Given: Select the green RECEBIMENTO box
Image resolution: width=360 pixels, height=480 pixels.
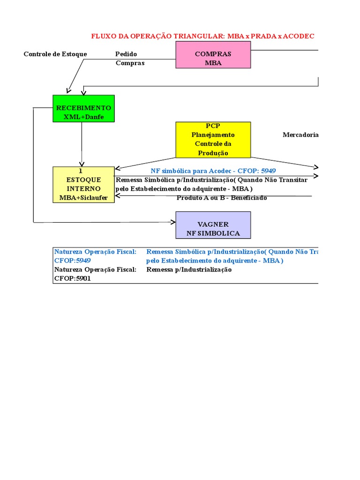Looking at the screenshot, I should pos(83,108).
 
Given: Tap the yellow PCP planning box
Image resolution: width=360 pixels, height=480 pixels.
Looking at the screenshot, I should pos(213,140).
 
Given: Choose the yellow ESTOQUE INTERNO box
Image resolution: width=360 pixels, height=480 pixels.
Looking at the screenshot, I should pos(83,184).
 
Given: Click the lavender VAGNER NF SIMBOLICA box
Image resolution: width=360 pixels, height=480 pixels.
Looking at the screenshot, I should pos(213,225).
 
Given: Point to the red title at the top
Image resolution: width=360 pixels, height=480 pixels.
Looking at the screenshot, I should pos(202,36).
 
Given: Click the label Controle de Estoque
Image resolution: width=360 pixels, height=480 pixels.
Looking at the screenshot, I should pos(55,54).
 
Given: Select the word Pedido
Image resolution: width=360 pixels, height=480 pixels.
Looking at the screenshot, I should pos(126,54).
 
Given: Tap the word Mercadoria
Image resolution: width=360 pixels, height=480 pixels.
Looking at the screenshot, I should pos(300,135).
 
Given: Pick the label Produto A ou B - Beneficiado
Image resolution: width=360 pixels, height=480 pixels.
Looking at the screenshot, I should pos(222,198).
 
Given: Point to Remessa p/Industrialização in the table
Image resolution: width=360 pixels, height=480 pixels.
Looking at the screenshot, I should pos(189,270).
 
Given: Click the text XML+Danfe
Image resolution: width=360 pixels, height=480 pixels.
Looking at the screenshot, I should pos(83,117).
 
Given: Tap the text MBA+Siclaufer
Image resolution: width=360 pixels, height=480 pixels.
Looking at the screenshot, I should pos(83,197).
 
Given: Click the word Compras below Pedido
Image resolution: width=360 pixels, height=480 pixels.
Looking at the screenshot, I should pos(130,63).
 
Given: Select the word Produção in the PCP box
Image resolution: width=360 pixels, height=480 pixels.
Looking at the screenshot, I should pos(213,153).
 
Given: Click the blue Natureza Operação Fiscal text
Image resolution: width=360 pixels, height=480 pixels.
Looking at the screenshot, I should pos(95,251).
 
